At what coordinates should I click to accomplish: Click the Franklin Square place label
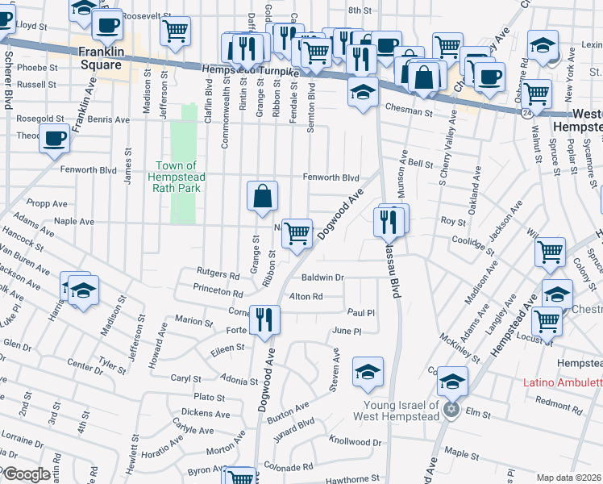101,57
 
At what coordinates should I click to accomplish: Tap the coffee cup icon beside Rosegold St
54,137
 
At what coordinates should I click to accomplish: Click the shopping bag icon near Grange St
263,195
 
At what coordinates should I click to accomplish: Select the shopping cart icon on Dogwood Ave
297,233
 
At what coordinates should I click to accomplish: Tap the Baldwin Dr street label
328,277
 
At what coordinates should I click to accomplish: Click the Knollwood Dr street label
356,442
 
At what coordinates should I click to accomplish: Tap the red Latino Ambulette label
563,382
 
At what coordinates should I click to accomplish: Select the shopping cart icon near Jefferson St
175,31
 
